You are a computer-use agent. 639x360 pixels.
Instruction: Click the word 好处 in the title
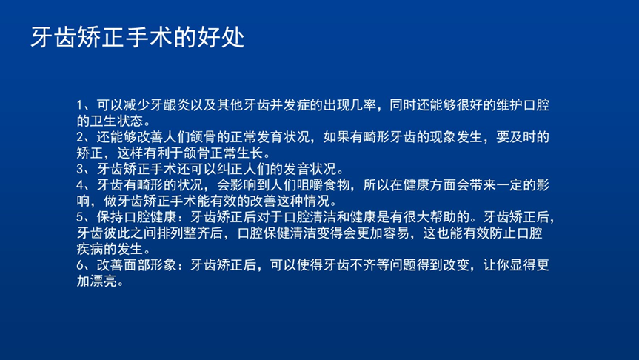pos(221,38)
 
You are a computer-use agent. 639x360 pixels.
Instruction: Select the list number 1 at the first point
pos(80,105)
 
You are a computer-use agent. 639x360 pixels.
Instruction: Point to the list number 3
pos(80,169)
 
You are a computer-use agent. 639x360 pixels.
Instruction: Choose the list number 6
pos(80,265)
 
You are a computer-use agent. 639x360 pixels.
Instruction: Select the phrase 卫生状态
pos(117,121)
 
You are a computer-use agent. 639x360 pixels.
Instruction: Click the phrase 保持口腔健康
pos(137,217)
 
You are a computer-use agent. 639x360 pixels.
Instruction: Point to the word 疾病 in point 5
pos(90,249)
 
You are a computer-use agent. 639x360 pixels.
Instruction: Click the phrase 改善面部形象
pos(137,265)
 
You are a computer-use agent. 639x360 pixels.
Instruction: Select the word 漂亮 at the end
pos(104,281)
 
